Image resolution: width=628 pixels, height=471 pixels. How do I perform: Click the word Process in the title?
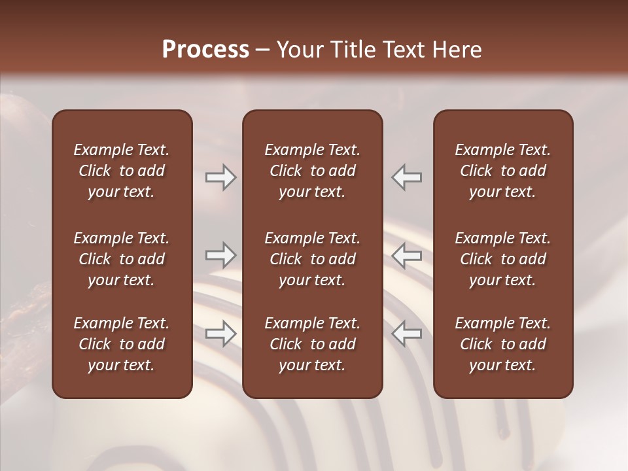point(205,50)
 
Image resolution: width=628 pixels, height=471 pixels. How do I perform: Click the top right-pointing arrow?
point(220,177)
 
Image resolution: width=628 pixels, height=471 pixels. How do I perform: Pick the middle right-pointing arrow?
point(220,256)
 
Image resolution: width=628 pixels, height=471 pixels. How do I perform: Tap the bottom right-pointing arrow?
point(220,334)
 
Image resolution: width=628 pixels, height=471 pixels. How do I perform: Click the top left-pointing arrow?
point(407,177)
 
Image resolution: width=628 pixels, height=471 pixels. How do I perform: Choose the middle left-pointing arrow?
point(407,256)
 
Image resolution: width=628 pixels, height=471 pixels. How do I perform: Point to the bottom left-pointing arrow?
point(407,334)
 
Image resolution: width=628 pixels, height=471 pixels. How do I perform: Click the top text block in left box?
point(122,171)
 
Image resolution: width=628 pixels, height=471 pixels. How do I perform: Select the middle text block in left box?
point(122,259)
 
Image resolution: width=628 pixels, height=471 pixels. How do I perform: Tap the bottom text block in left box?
point(122,344)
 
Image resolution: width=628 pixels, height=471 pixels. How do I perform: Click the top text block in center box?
point(312,171)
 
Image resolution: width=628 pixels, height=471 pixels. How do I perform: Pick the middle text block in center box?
point(312,259)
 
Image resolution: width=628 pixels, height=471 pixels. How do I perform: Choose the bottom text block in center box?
point(312,344)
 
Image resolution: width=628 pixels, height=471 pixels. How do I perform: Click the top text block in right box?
point(502,171)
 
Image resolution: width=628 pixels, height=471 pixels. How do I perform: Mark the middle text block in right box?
point(502,259)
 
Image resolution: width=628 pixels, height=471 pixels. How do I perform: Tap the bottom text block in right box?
point(502,344)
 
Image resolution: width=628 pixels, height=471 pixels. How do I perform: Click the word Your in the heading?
point(298,50)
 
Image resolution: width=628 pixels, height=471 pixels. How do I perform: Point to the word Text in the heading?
point(400,50)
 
